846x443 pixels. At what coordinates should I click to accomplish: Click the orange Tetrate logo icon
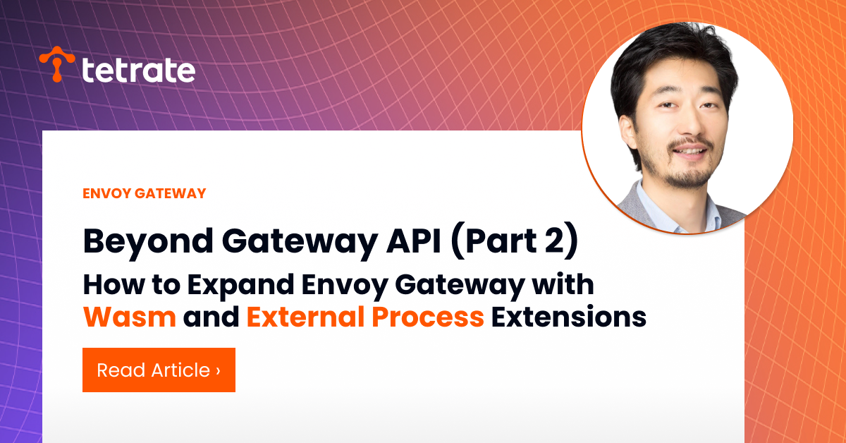coord(57,63)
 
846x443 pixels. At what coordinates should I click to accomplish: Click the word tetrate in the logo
coord(138,70)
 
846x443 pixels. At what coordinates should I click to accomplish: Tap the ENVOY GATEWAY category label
coord(145,193)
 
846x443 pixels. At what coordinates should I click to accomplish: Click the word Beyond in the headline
coord(148,242)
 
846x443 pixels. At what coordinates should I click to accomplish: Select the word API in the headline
coord(414,241)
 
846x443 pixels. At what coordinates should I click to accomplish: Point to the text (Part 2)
coord(515,241)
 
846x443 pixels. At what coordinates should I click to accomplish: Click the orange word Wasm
coord(130,317)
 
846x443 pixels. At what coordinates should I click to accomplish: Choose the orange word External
coord(305,316)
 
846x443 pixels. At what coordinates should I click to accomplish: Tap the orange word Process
coord(428,317)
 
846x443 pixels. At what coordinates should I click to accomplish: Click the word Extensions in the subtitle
coord(568,317)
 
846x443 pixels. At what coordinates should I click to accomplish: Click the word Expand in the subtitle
coord(240,285)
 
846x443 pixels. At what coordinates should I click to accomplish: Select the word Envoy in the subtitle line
coord(345,286)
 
